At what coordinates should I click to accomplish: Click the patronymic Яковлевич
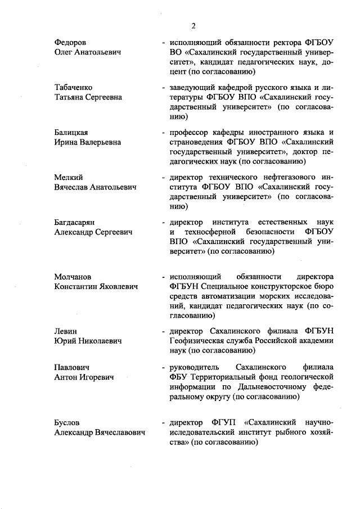(116, 286)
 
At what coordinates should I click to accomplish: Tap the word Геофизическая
(192, 341)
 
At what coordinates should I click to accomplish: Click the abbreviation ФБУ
(170, 376)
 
